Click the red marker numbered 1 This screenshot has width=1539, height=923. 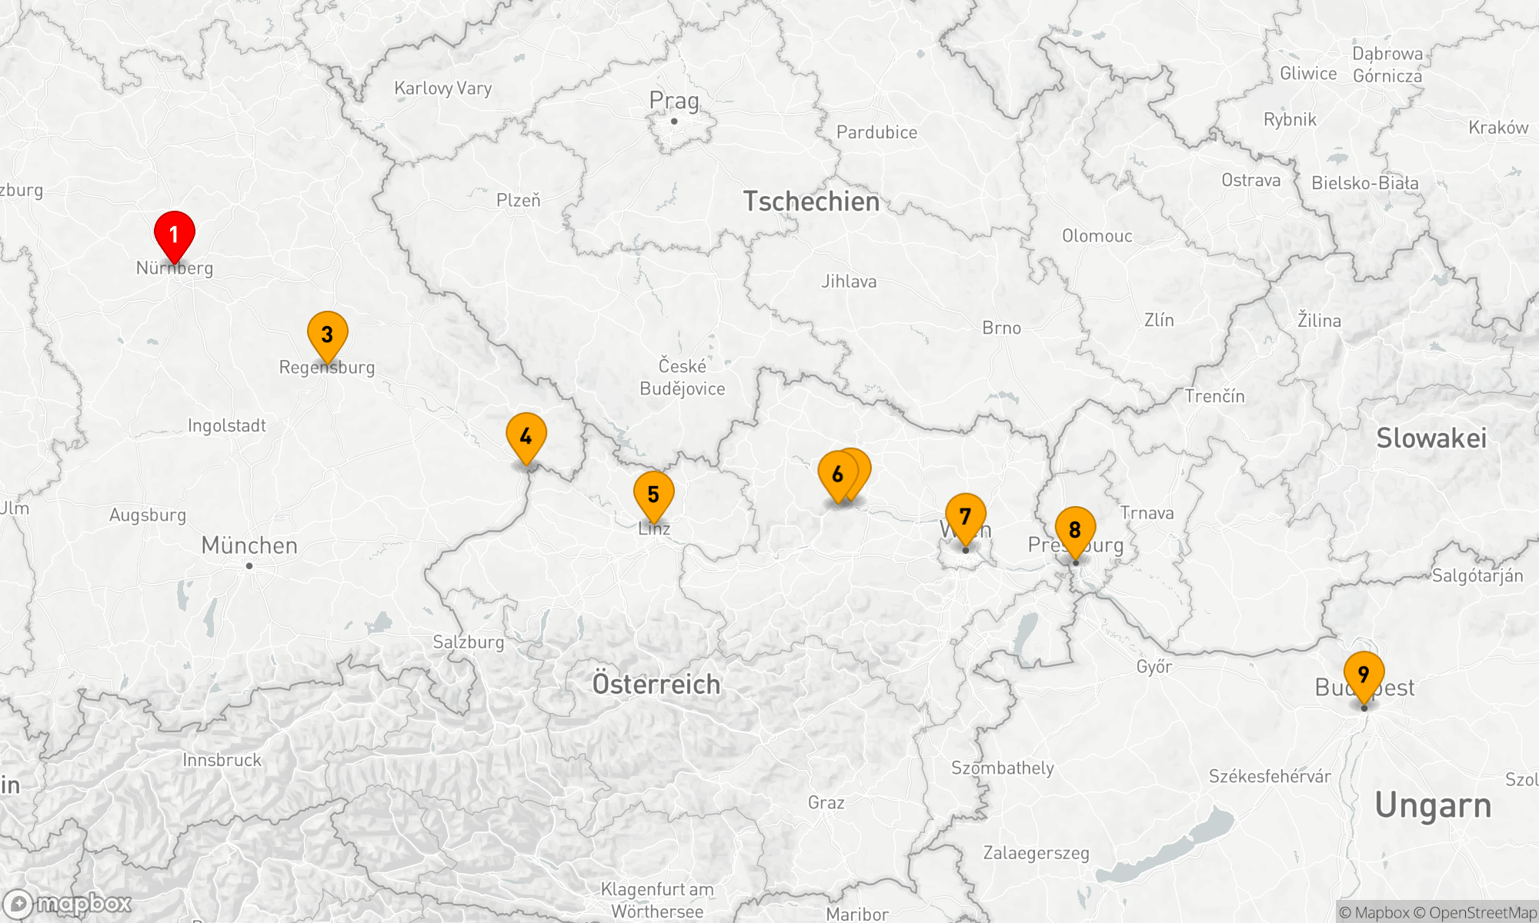(x=175, y=233)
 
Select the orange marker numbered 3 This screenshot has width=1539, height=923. (x=328, y=333)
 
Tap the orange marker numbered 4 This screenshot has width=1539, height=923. (x=526, y=435)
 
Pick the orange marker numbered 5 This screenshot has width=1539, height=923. (x=654, y=493)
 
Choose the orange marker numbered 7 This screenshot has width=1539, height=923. (x=966, y=515)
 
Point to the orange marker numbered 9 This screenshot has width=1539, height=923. (x=1364, y=673)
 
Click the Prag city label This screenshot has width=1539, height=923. (x=674, y=101)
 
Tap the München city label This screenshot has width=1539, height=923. (x=249, y=545)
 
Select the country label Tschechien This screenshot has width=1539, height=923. (x=811, y=202)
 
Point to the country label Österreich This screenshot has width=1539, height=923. (x=656, y=684)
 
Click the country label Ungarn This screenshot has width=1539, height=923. (x=1433, y=806)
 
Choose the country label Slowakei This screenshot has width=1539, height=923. (x=1431, y=438)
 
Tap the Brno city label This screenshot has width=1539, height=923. (x=1002, y=328)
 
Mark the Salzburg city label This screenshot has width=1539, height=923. (x=469, y=641)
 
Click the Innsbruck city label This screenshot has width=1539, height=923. (x=222, y=760)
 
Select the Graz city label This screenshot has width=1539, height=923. (x=826, y=802)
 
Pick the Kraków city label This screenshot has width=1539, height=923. (x=1498, y=128)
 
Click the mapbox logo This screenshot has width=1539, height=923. (x=67, y=903)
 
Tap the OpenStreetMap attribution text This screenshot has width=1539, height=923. (x=1482, y=913)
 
